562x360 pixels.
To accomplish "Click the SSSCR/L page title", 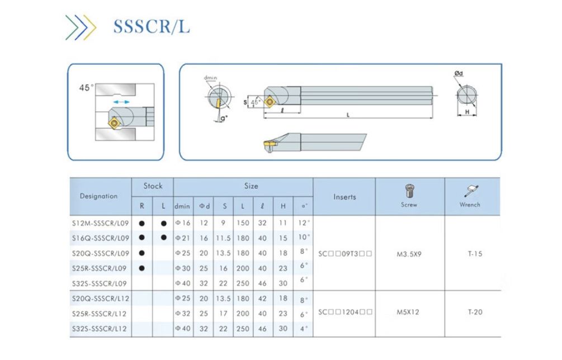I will pyautogui.click(x=151, y=26).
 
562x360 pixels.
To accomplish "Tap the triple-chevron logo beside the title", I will pyautogui.click(x=81, y=27).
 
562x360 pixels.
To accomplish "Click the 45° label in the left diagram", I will pyautogui.click(x=86, y=88).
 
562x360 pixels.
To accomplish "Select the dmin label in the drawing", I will pyautogui.click(x=210, y=78).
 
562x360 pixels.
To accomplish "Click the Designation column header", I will pyautogui.click(x=99, y=196).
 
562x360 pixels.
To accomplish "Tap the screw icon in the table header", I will pyautogui.click(x=409, y=192).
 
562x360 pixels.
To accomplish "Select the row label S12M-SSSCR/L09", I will pyautogui.click(x=100, y=223).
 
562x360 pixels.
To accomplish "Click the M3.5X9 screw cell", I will pyautogui.click(x=409, y=254).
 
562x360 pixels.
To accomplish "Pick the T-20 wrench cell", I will pyautogui.click(x=475, y=312).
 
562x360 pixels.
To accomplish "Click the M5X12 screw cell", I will pyautogui.click(x=409, y=312).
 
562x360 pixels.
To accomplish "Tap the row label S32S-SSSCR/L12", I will pyautogui.click(x=100, y=329).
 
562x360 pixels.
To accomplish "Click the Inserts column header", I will pyautogui.click(x=344, y=197).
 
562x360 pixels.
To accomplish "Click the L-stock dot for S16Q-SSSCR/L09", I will pyautogui.click(x=163, y=238).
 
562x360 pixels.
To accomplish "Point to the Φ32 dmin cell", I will pyautogui.click(x=183, y=314).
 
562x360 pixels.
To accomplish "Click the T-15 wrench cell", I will pyautogui.click(x=475, y=254).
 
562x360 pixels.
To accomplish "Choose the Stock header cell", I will pyautogui.click(x=153, y=186).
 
